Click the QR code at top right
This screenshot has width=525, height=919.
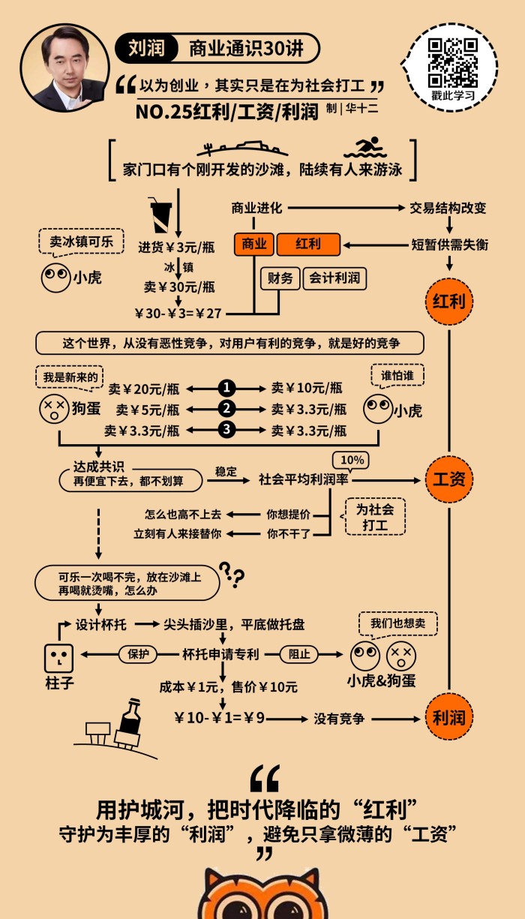453,60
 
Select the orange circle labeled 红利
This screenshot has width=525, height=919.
448,302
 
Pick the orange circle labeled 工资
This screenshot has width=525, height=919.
448,479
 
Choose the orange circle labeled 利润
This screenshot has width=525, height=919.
448,717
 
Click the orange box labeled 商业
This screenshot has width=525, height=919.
253,245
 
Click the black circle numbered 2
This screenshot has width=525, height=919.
226,410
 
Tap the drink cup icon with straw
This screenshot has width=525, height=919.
160,215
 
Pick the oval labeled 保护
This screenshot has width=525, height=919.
139,654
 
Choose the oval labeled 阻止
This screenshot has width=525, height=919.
299,654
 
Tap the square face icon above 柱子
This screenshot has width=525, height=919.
58,658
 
